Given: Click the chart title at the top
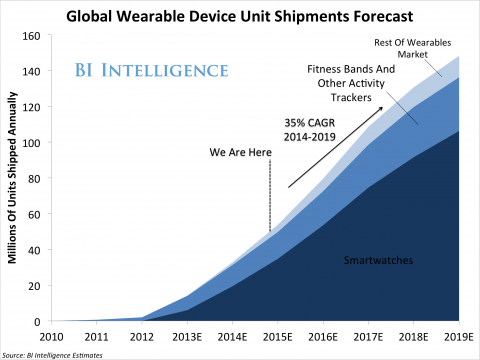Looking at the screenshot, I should (x=240, y=14).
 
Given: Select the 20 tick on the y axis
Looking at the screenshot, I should (x=30, y=286).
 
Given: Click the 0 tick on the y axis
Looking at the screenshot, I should (x=33, y=321).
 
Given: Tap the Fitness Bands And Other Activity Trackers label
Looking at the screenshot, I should (x=342, y=83).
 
